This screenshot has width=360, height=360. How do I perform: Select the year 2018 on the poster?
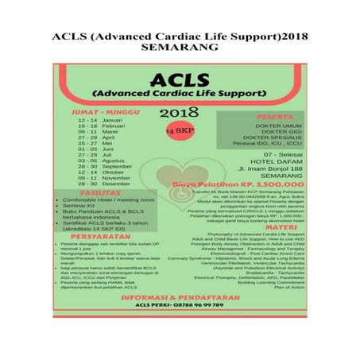[x=179, y=111]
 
